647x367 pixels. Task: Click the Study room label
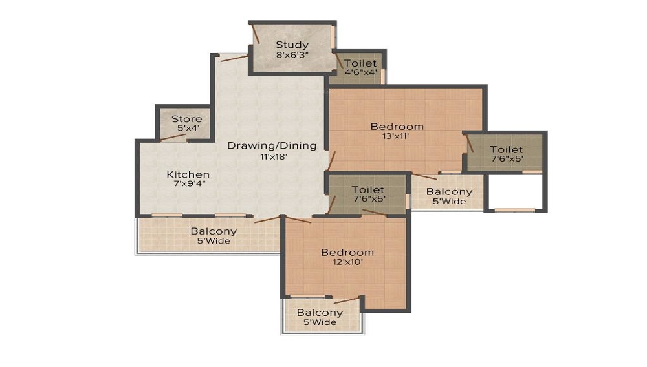point(292,45)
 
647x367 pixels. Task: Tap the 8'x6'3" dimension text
point(292,54)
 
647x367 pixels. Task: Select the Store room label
point(186,119)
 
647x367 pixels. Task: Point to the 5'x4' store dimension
point(188,128)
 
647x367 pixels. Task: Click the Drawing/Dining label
point(272,145)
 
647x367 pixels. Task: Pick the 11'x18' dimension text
point(273,156)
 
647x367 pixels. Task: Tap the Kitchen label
point(188,174)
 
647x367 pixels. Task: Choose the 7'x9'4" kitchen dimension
point(190,183)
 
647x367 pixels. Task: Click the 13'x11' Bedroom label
point(397,127)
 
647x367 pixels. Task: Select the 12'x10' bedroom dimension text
point(347,262)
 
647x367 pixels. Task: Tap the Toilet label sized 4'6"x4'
point(360,63)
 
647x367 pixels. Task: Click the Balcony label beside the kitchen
point(214,231)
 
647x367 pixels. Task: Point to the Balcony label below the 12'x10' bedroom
point(320,313)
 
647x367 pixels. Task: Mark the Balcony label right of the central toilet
point(449,191)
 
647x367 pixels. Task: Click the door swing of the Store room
point(173,137)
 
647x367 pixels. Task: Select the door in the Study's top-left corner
point(256,34)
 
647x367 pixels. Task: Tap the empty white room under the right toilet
point(516,191)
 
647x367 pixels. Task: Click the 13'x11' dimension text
point(395,136)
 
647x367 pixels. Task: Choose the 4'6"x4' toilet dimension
point(360,72)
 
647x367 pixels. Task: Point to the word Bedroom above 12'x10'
point(347,253)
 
